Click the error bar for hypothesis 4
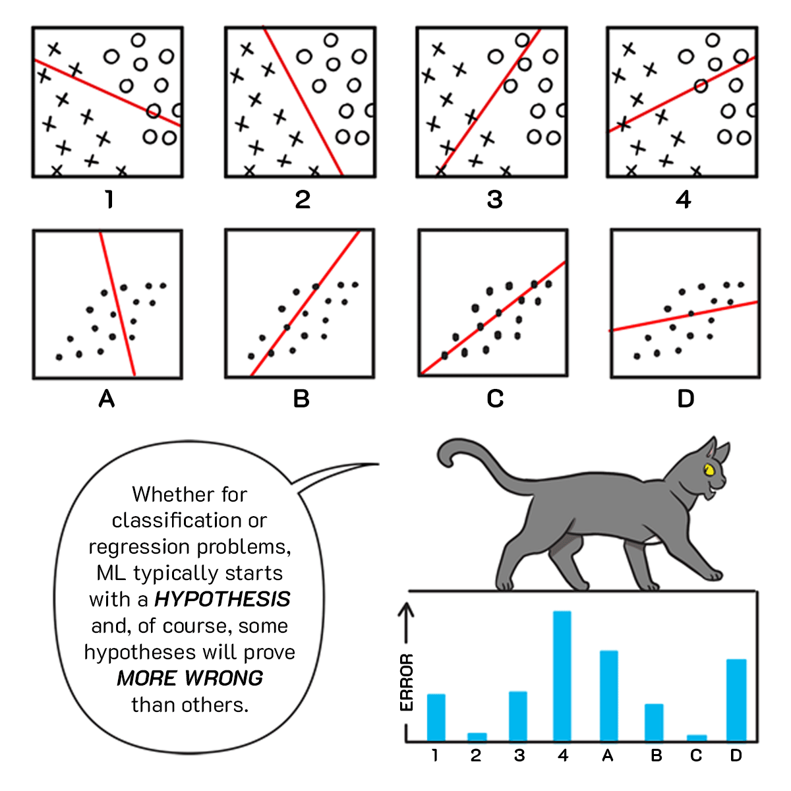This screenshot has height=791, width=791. (x=562, y=676)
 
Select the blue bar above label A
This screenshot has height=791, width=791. (x=608, y=695)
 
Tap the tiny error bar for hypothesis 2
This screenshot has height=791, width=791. (x=477, y=737)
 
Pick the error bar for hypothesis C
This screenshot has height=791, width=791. (x=697, y=738)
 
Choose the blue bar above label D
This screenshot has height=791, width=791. (x=736, y=700)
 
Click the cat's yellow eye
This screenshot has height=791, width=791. (x=709, y=470)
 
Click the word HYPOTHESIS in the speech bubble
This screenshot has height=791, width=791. (x=222, y=599)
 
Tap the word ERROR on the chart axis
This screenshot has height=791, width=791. (x=407, y=682)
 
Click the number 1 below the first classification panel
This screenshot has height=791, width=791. (x=109, y=199)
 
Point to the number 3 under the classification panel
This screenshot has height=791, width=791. (x=494, y=199)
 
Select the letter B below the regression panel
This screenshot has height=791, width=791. (x=301, y=399)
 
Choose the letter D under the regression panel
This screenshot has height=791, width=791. (x=686, y=399)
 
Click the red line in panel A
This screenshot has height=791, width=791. (x=117, y=304)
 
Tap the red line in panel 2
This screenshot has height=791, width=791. (x=303, y=102)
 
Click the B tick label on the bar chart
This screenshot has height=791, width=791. (x=656, y=755)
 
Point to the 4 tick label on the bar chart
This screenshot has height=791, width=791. (x=562, y=755)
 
